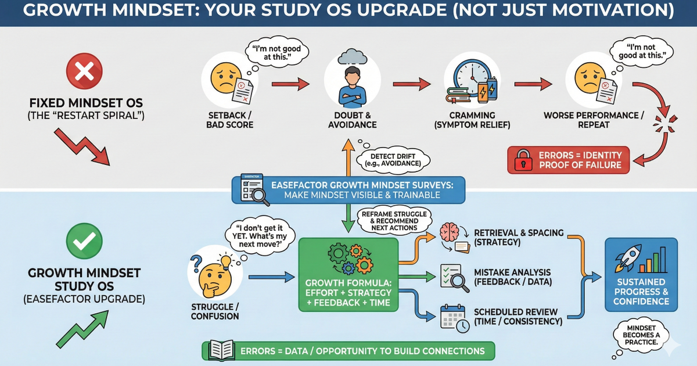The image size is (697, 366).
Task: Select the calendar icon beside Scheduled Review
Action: (451, 317)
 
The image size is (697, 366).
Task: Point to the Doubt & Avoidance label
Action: (352, 119)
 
